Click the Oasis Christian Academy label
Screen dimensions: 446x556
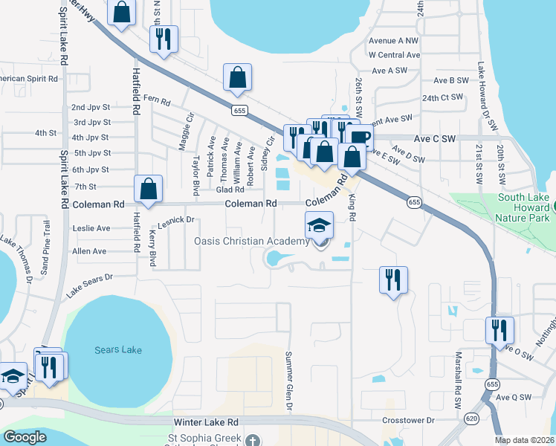(x=252, y=242)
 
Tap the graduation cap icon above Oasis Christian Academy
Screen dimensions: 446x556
(x=319, y=224)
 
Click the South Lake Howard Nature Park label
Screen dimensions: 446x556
(x=524, y=207)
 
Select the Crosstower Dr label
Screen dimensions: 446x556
(x=408, y=420)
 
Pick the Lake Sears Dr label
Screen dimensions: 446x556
(x=89, y=285)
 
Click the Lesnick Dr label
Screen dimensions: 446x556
(x=175, y=220)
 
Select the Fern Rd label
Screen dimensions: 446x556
(x=157, y=99)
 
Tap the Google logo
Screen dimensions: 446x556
(x=25, y=437)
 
